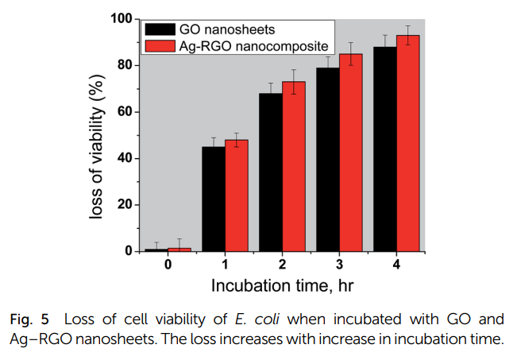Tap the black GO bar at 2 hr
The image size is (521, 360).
(271, 172)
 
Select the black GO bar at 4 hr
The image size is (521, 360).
(385, 149)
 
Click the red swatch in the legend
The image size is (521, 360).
(160, 46)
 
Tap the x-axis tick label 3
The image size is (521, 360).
(340, 264)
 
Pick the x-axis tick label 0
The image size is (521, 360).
(168, 264)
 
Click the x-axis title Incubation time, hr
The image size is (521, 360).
(282, 285)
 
